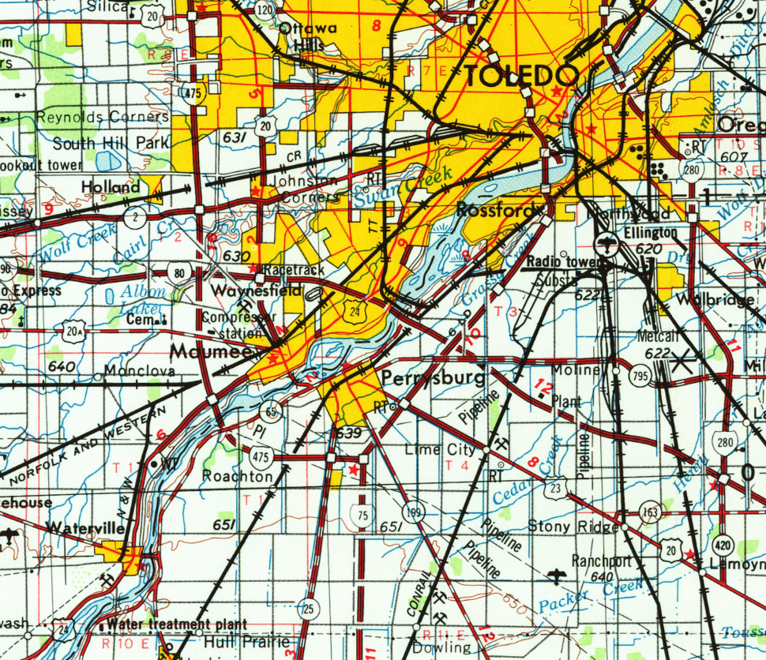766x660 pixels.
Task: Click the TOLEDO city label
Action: [x=521, y=77]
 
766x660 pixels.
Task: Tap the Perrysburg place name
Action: [x=434, y=379]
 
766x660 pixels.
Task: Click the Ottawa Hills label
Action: [x=307, y=36]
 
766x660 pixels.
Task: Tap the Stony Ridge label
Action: [x=573, y=526]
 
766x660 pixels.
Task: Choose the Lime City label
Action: [x=440, y=450]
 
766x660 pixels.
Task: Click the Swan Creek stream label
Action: [x=403, y=189]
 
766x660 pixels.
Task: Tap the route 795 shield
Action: [x=639, y=377]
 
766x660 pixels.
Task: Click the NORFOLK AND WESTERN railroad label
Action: [x=87, y=444]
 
